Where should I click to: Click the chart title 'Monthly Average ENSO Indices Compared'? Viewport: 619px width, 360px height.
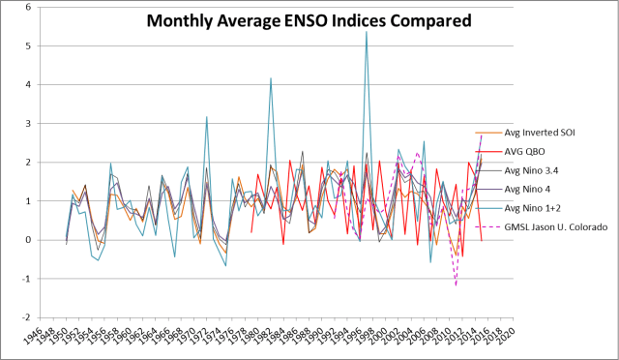coord(309,19)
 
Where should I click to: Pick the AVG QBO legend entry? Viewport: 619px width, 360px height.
coord(529,152)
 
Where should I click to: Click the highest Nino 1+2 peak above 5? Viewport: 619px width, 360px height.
coord(366,32)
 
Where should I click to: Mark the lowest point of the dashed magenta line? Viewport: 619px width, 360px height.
coord(456,285)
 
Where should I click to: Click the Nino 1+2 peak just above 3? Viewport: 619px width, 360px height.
coord(206,117)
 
